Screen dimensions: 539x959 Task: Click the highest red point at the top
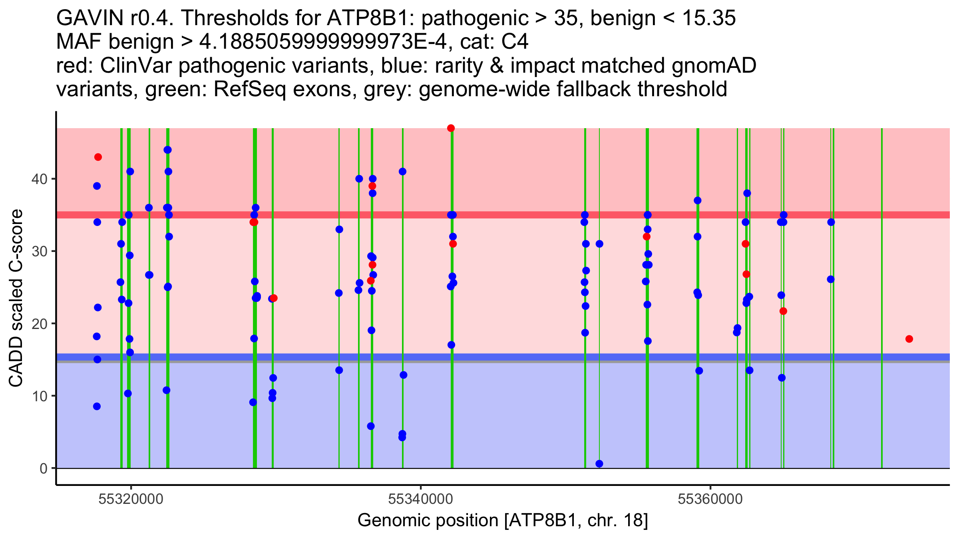(451, 128)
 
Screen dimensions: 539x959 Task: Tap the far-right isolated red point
(909, 339)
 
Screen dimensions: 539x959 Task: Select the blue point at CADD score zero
(599, 464)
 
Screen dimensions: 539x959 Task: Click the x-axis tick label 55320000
(131, 499)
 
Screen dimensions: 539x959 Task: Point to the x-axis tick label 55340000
(420, 499)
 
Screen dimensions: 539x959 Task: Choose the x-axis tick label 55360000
(710, 499)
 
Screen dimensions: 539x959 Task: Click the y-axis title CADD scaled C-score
(16, 298)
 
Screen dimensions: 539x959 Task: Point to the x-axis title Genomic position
(502, 521)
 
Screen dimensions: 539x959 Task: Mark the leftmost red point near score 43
(98, 157)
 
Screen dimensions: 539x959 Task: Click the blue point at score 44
(167, 150)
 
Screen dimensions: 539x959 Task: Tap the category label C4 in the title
(515, 42)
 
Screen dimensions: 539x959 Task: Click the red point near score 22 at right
(783, 311)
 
